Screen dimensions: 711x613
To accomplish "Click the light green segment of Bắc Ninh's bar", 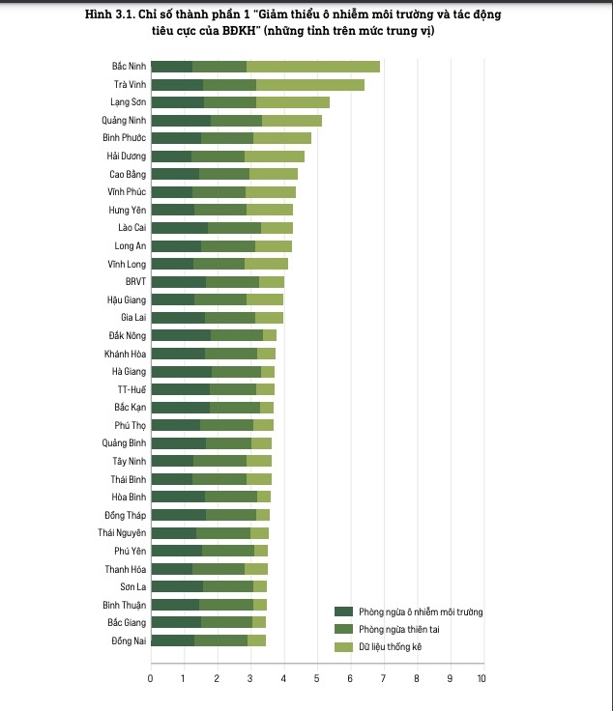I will (313, 67).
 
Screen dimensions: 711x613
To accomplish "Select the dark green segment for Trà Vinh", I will (177, 85).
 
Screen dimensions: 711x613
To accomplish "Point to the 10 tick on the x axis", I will (482, 679).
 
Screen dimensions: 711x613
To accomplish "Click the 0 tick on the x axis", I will (151, 679).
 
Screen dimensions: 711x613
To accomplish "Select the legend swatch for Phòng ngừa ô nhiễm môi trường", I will (343, 612).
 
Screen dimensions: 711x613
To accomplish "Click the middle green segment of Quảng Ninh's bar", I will (236, 121).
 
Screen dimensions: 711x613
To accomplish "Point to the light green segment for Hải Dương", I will (275, 156).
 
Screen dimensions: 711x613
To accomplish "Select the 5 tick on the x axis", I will (316, 679).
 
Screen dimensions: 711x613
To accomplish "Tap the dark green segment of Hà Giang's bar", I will (181, 372).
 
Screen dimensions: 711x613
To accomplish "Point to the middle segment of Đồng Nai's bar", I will (220, 640).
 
